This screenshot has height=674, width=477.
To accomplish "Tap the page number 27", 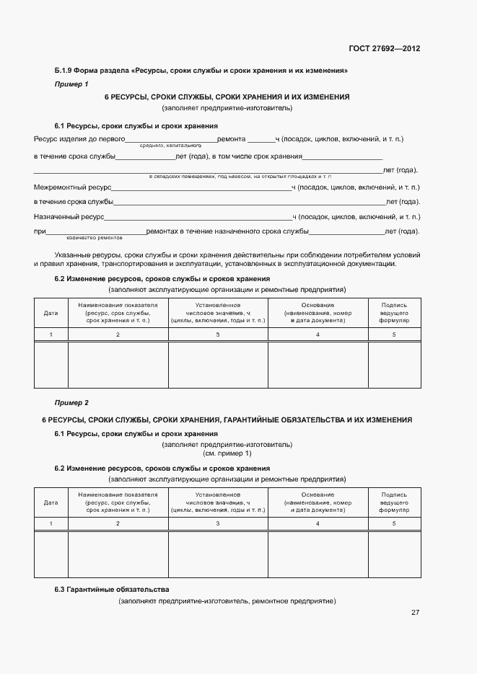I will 415,612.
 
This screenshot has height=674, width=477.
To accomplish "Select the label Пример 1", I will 71,84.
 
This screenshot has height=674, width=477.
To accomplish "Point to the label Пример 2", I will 71,402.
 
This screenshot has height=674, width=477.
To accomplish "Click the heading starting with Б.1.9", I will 201,71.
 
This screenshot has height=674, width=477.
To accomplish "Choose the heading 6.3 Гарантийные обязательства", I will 112,589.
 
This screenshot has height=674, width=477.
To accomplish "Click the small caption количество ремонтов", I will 94,237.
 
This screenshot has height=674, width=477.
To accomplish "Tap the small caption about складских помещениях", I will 240,176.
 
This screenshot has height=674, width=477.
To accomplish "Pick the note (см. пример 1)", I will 227,453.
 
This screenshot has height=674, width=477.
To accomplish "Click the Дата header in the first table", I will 51,313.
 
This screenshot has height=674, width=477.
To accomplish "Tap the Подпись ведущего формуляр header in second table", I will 394,502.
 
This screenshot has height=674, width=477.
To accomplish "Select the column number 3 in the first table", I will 218,334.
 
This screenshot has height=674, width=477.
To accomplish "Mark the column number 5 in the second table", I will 394,523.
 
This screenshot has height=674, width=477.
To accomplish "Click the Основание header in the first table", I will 318,312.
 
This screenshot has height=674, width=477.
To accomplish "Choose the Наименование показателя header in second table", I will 118,502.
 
